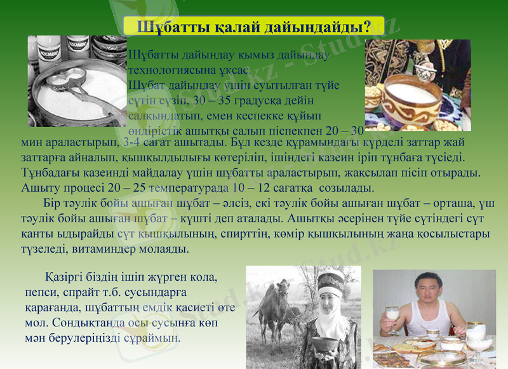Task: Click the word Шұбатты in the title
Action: [166, 27]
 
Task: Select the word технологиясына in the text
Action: [170, 70]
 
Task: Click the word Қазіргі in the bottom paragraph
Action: [67, 279]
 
